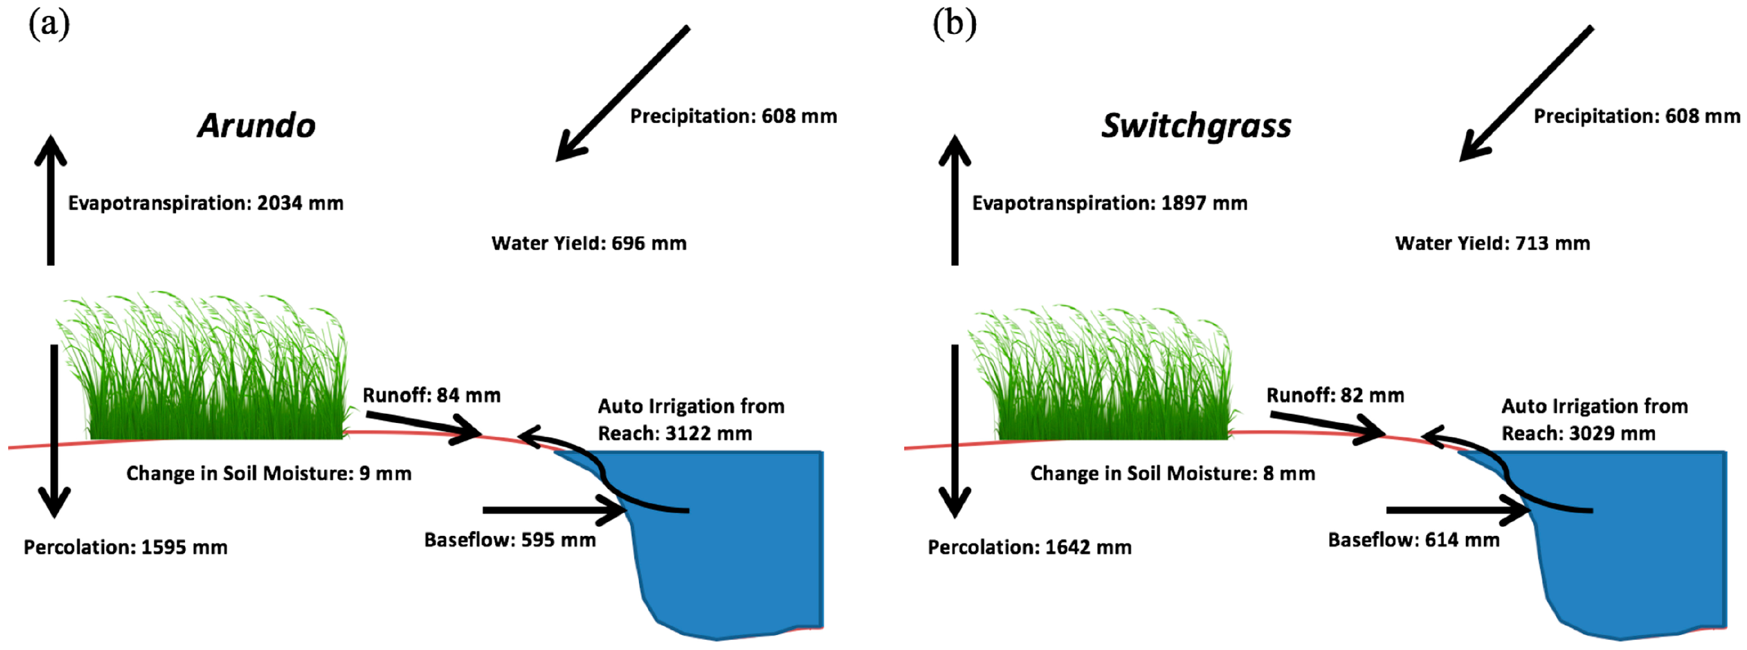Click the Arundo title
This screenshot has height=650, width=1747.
click(x=256, y=126)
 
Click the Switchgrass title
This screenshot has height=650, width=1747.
click(x=1196, y=126)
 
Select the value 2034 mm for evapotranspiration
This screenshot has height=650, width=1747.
click(x=300, y=203)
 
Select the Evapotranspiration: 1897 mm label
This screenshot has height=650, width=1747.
click(x=1109, y=203)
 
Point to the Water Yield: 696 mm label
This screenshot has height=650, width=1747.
click(x=589, y=243)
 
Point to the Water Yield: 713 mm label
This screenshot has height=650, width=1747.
click(x=1492, y=243)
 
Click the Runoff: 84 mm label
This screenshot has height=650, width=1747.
click(x=431, y=395)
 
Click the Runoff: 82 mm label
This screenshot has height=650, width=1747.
click(x=1335, y=395)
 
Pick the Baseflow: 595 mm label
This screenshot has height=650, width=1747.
click(x=510, y=540)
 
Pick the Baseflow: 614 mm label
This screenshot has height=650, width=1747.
click(x=1413, y=540)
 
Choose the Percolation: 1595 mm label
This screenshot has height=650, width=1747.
click(x=125, y=547)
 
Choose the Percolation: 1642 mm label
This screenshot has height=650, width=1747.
click(x=1029, y=547)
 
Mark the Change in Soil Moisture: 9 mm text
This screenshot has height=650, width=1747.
click(x=269, y=474)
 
